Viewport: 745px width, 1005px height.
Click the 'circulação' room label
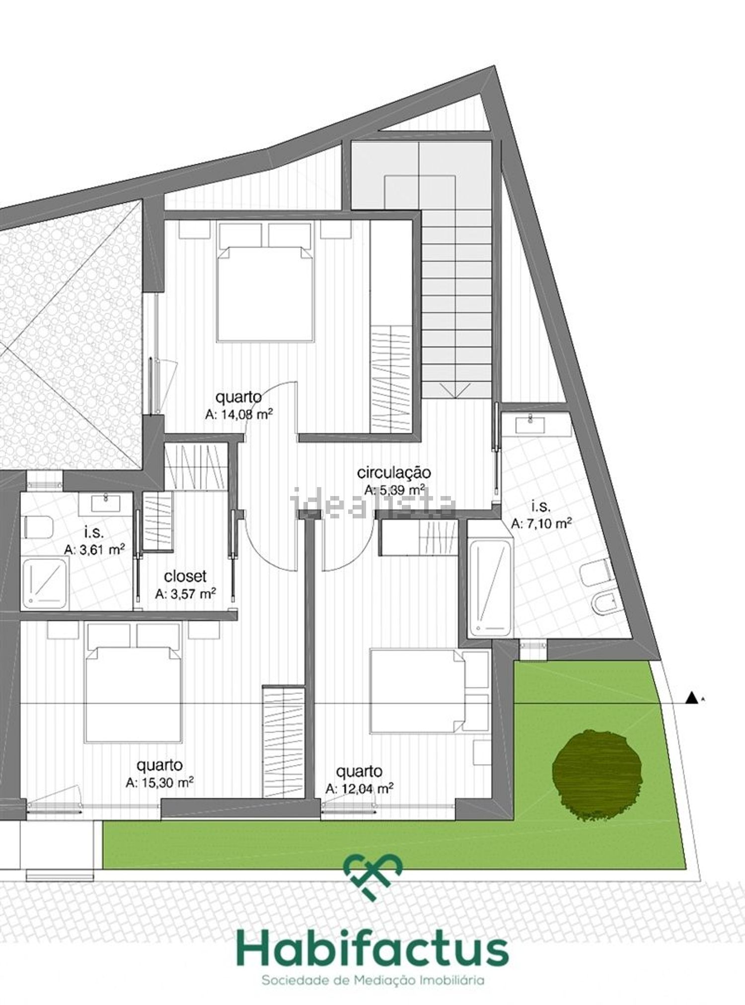coord(394,473)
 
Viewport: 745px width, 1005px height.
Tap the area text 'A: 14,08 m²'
coord(239,414)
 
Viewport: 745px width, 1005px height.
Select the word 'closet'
coord(185,576)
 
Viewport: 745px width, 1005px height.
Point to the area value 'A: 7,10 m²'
coord(541,523)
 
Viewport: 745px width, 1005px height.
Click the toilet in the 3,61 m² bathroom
coord(38,527)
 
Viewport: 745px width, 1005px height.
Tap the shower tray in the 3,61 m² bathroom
coord(44,583)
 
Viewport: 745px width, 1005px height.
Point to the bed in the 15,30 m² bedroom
coord(133,694)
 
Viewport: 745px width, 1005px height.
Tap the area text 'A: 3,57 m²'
coord(185,593)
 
